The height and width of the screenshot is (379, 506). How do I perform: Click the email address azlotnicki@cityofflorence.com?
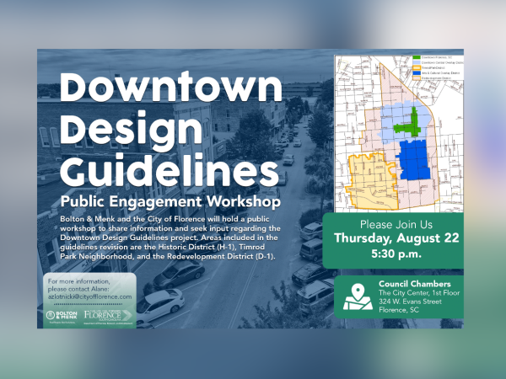(x=90, y=297)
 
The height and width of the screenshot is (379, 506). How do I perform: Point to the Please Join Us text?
(x=396, y=225)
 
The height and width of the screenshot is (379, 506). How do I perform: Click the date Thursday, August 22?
(x=396, y=238)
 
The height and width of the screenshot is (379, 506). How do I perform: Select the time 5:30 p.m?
(x=396, y=254)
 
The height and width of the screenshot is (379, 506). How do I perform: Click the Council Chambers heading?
(x=410, y=283)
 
